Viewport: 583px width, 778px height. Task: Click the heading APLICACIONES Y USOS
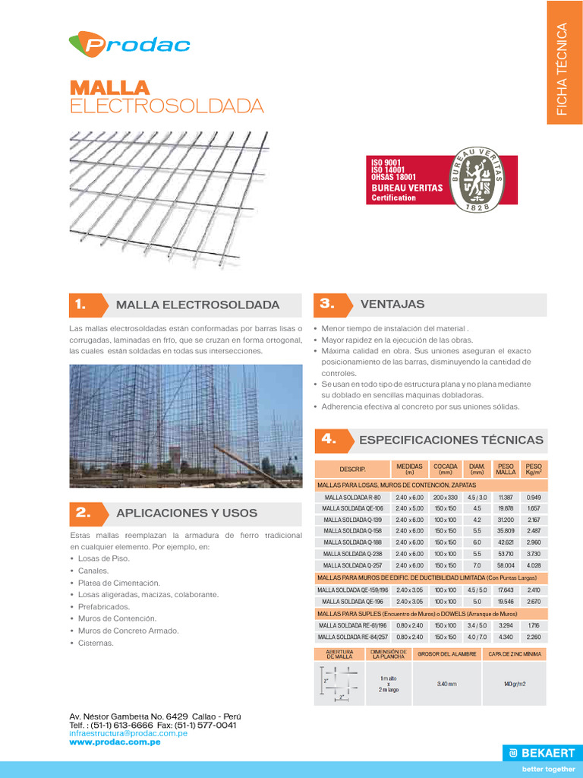[187, 513]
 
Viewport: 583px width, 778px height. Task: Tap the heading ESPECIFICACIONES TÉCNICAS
[451, 440]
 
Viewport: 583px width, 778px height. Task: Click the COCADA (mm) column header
[446, 468]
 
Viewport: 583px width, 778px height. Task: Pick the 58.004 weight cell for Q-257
[506, 565]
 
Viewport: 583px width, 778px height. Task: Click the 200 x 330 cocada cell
[446, 497]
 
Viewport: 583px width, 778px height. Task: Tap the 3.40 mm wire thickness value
[447, 684]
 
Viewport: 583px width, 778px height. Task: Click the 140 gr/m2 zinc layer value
[514, 684]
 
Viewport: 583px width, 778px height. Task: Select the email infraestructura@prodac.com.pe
[128, 733]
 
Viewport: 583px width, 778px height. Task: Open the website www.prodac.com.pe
[115, 742]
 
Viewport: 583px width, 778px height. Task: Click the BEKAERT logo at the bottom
[541, 753]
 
